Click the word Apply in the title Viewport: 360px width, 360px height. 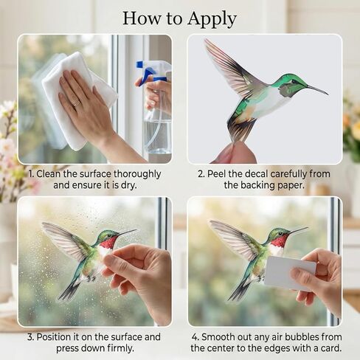(x=210, y=18)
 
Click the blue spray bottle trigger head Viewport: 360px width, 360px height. (x=151, y=72)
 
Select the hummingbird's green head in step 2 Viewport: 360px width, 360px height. (x=291, y=83)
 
